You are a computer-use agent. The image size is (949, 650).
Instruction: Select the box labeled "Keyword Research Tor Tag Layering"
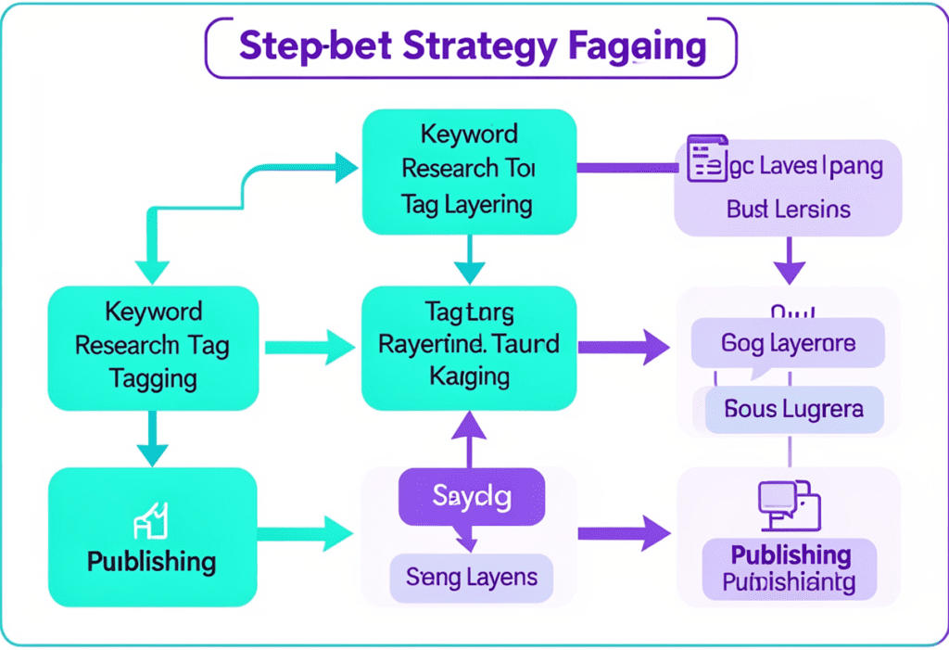tap(468, 170)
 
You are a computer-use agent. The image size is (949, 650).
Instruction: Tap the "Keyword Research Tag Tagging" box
tap(153, 347)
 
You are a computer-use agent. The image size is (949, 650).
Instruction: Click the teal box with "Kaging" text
tap(468, 347)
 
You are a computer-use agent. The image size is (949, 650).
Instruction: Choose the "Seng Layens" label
tap(471, 577)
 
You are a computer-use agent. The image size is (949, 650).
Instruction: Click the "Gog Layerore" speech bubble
tap(788, 345)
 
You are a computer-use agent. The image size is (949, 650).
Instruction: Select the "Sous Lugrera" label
tap(794, 409)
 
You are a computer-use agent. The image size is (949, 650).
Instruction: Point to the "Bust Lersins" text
tap(788, 210)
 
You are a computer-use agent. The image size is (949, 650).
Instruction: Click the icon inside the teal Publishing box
tap(152, 520)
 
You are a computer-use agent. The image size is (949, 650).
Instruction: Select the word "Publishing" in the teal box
tap(152, 561)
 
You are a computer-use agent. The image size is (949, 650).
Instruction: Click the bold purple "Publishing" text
tap(791, 554)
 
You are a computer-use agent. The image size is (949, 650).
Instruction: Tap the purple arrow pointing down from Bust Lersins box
tap(788, 261)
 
